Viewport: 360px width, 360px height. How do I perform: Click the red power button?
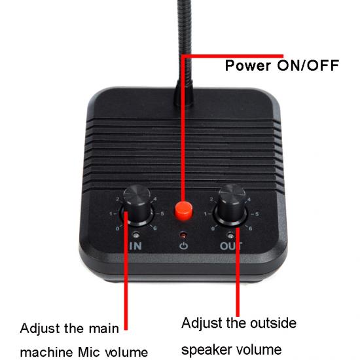tap(183, 211)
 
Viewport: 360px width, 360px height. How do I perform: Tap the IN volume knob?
tap(137, 205)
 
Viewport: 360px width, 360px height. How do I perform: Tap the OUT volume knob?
tap(232, 205)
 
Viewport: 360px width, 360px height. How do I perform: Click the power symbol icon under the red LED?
tap(184, 246)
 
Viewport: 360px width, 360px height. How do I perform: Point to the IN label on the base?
tap(135, 246)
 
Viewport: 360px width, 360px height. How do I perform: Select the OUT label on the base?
tap(231, 246)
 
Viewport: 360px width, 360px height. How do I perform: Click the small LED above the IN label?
tap(136, 235)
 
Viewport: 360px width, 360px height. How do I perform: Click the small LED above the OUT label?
tap(230, 235)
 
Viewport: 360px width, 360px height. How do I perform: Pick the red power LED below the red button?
tap(183, 235)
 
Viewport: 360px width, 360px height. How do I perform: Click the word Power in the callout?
tap(248, 65)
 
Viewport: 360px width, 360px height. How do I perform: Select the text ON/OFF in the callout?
tap(308, 65)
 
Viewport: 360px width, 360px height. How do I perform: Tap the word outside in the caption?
tap(273, 323)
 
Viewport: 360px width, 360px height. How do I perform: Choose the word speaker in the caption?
tap(206, 350)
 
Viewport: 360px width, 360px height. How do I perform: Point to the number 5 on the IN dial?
tap(162, 214)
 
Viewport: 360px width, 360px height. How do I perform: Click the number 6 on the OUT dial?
tap(250, 228)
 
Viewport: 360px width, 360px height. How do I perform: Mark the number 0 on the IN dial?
tap(118, 228)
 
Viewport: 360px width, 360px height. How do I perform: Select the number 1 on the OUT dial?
tap(206, 214)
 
